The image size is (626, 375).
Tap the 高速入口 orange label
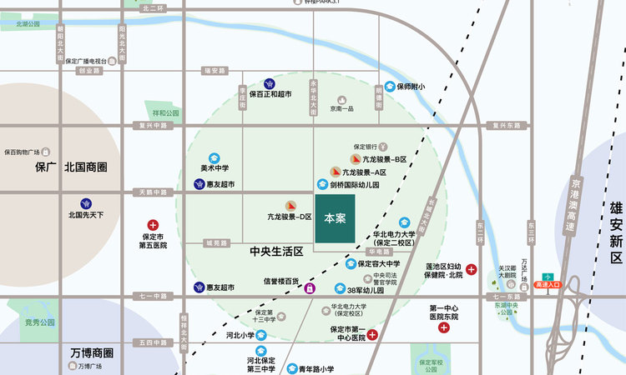548,285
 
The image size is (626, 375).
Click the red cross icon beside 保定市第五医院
153,225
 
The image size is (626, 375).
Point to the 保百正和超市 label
270,94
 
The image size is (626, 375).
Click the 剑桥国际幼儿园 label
354,184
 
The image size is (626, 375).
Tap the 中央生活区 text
276,251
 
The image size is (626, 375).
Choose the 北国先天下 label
86,214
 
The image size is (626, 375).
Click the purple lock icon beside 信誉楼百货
310,288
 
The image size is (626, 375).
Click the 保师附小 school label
411,87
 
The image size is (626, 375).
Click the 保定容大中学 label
379,263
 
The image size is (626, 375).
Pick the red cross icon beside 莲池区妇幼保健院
472,269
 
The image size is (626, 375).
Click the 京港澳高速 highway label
570,204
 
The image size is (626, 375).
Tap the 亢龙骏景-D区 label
290,217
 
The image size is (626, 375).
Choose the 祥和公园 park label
165,112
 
